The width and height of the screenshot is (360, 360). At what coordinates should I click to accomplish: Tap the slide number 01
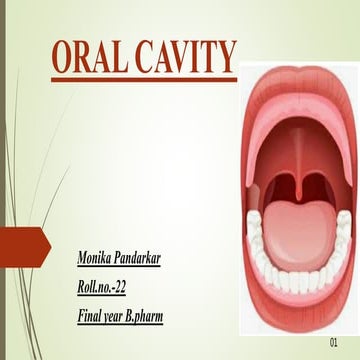point(334,343)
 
